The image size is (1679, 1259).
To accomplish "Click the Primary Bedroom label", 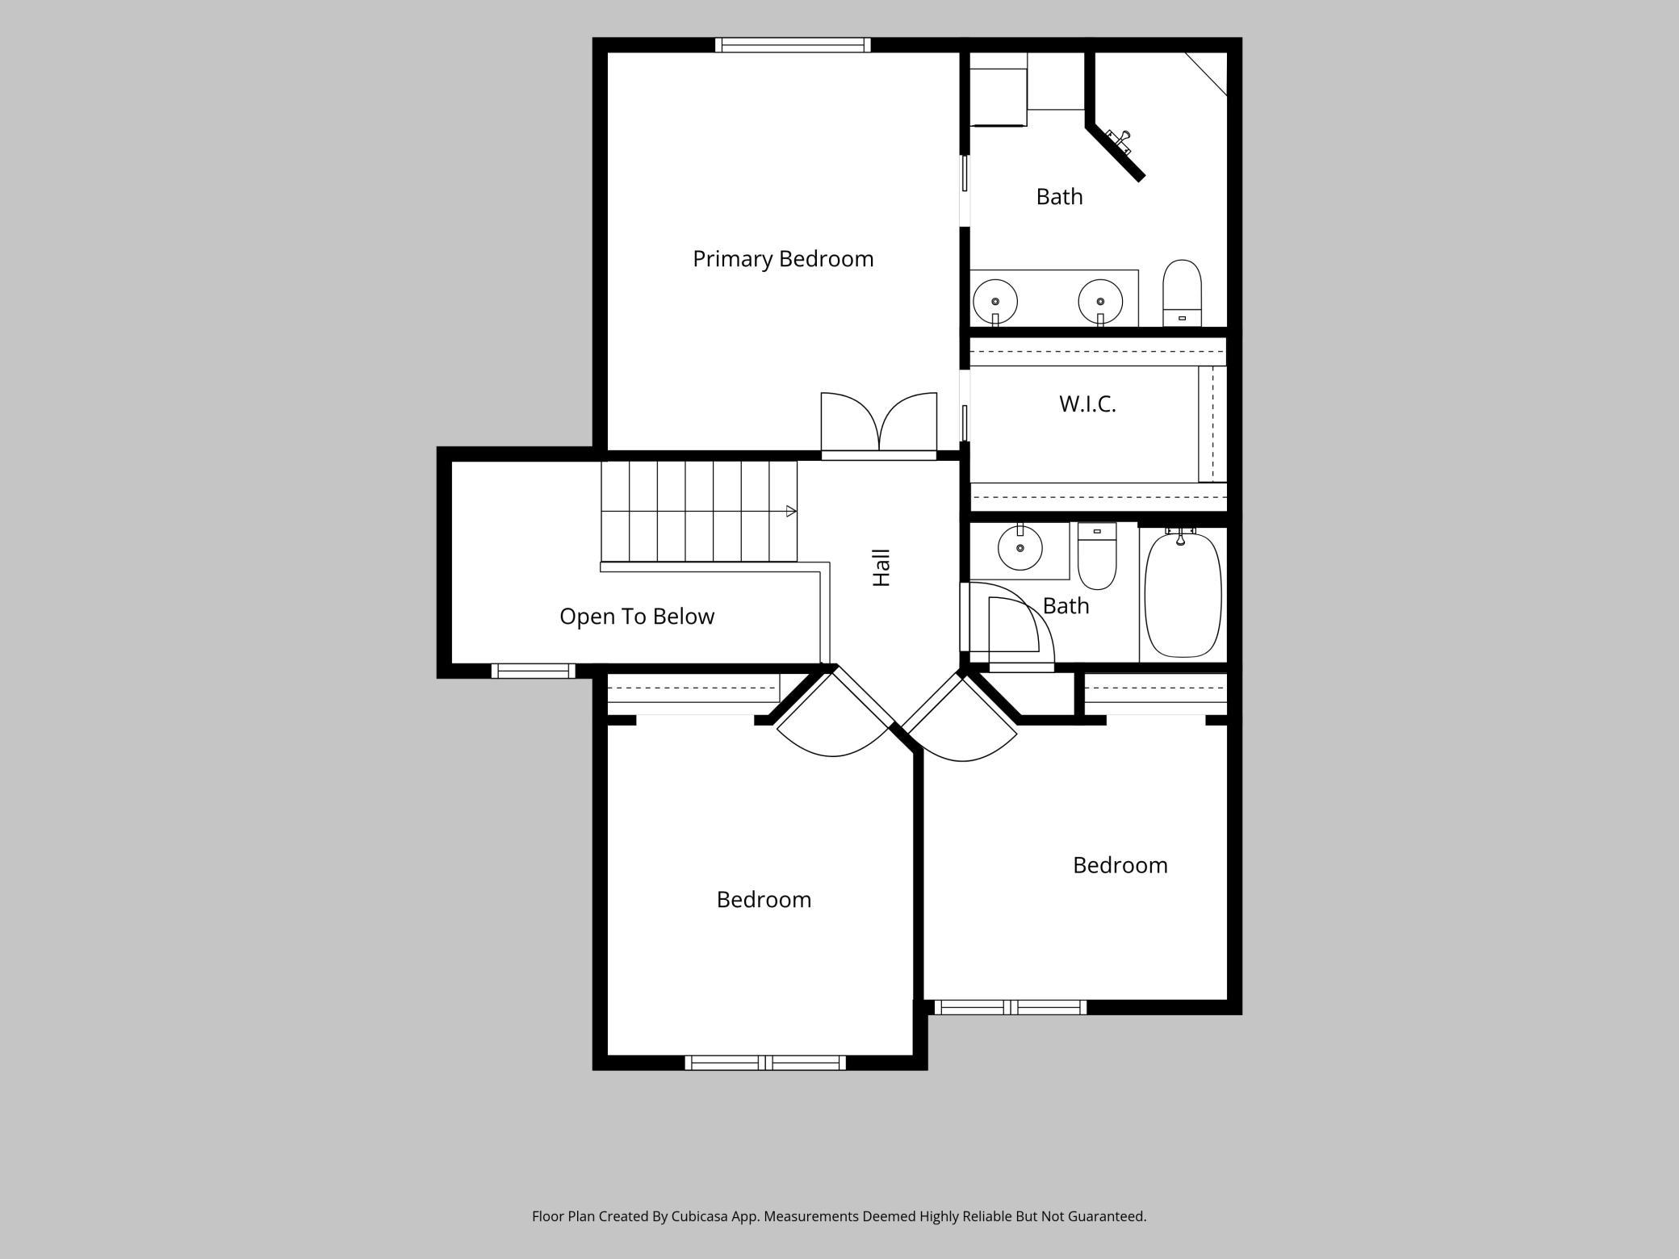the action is (783, 259).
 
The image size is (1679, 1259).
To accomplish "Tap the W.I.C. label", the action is (1087, 404).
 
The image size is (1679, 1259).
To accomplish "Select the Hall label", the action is (881, 567).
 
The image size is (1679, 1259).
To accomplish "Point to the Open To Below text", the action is (637, 617).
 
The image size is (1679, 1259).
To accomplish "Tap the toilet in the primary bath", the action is (1182, 293).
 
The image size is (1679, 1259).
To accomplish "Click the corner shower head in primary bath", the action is (1119, 141).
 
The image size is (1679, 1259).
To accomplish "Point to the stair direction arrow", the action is (791, 511).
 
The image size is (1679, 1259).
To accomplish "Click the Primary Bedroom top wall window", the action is (793, 45).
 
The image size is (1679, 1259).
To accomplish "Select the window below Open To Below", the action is (533, 671).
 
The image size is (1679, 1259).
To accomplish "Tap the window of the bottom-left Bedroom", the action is (765, 1063).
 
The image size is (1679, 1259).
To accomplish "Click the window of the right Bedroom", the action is (1010, 1007).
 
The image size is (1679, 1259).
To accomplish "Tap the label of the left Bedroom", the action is (764, 899).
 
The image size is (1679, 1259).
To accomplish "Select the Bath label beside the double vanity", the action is (1059, 196).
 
